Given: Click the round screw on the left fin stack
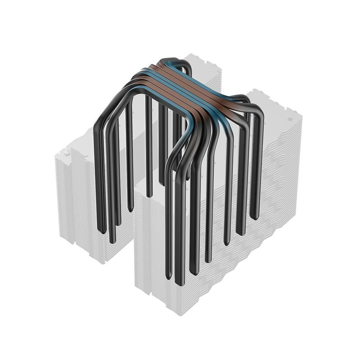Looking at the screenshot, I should click(x=66, y=153).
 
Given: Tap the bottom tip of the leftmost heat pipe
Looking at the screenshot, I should click(x=102, y=232).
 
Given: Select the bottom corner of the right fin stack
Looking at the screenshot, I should click(x=180, y=313).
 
